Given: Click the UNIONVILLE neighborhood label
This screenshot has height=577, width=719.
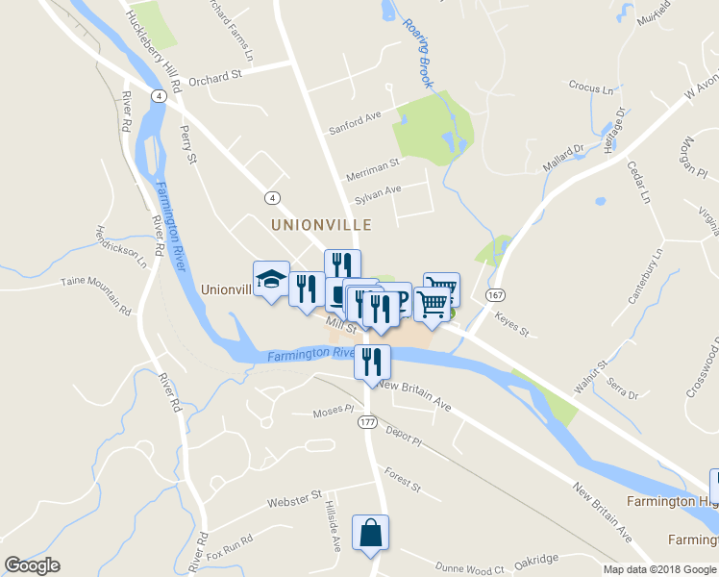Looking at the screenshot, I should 321,224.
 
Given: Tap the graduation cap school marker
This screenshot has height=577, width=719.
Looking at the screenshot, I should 271,280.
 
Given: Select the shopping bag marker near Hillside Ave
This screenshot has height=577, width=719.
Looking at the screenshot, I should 371,532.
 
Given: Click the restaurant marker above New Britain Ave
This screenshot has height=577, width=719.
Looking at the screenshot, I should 372,362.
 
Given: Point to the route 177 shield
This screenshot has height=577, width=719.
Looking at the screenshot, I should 367,422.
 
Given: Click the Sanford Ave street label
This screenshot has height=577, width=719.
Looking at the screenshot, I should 356,122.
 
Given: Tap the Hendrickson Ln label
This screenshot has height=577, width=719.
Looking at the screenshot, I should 121,246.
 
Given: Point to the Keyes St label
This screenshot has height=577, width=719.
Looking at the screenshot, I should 511,323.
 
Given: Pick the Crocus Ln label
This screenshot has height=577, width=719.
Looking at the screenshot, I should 590,88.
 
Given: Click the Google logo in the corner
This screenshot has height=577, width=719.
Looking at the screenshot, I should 33,565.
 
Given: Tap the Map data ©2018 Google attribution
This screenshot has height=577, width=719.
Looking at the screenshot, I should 658,569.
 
